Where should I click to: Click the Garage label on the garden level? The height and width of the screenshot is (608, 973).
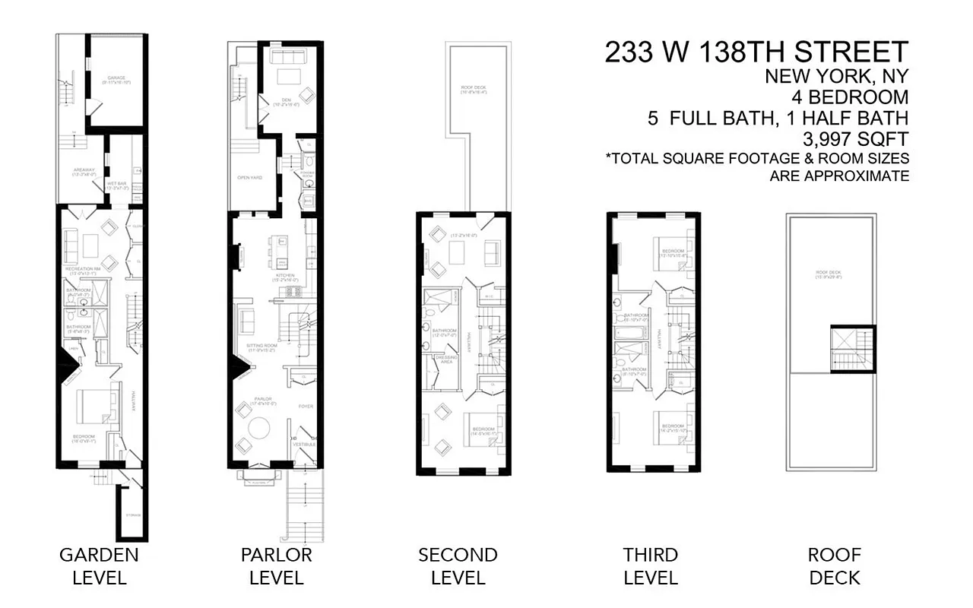tap(116, 79)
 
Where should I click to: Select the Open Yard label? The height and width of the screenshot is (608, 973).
tap(250, 178)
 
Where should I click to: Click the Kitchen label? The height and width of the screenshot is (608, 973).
tap(285, 276)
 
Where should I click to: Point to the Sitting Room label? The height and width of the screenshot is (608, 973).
tap(260, 347)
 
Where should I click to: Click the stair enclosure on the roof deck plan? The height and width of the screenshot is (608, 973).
tap(851, 348)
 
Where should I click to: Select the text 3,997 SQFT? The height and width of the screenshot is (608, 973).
tap(855, 139)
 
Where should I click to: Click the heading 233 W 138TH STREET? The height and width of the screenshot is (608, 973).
tap(756, 52)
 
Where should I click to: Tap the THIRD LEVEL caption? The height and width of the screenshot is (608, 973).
tap(650, 565)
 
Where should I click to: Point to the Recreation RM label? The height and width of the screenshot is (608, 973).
tap(84, 269)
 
